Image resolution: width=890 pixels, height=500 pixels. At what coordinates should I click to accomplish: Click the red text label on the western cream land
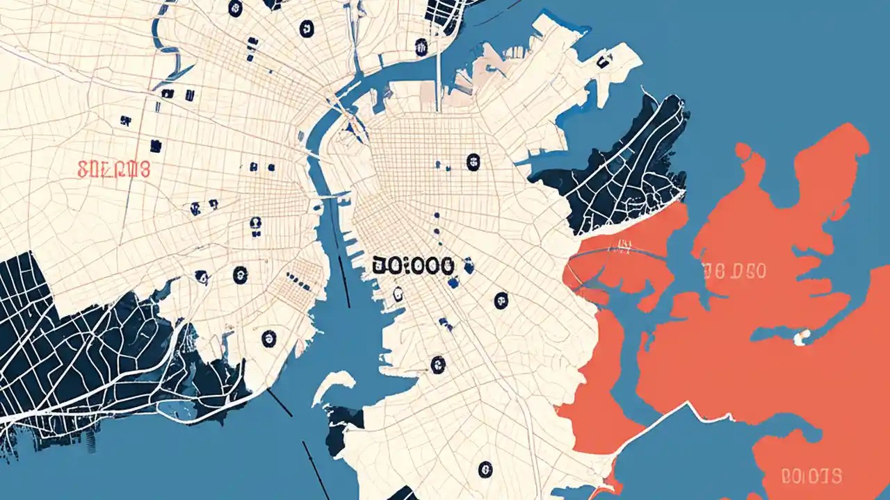(x=114, y=169)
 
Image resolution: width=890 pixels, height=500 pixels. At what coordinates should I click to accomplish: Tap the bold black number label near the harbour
(x=413, y=265)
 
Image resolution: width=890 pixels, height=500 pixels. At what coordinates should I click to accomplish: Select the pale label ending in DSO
(x=734, y=271)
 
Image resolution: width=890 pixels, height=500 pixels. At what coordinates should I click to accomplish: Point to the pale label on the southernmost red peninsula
(x=811, y=476)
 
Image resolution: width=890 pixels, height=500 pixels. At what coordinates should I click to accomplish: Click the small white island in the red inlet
(x=802, y=337)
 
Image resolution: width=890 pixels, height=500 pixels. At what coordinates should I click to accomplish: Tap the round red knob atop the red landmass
(x=743, y=150)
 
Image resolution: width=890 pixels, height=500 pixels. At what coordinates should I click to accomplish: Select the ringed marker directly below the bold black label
(x=398, y=294)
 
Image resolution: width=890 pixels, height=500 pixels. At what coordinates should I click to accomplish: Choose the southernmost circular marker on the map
(x=485, y=469)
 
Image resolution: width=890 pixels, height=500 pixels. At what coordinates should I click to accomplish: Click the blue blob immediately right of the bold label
(x=469, y=264)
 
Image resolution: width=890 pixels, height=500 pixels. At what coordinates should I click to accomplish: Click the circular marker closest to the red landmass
(x=501, y=300)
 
